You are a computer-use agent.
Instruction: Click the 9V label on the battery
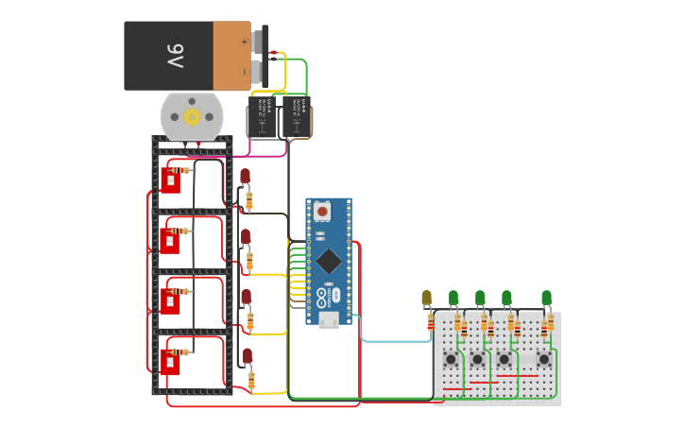[177, 56]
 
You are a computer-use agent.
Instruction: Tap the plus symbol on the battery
[244, 42]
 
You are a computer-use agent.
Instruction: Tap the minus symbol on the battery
[244, 71]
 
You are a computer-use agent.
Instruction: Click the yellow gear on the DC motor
[193, 116]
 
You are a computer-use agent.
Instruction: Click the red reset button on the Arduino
[322, 211]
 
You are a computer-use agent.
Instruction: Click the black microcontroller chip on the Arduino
[328, 260]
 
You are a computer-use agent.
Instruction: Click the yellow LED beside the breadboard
[426, 299]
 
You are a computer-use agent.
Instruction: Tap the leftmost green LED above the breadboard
[454, 299]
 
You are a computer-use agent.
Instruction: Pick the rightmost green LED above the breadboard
[546, 299]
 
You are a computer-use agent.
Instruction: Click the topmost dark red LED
[246, 177]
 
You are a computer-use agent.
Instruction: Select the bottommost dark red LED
[247, 356]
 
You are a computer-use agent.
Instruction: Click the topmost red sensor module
[170, 180]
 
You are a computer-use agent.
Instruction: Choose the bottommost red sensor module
[170, 362]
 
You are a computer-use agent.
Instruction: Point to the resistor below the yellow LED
[431, 323]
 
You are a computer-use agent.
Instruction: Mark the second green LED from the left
[480, 299]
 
